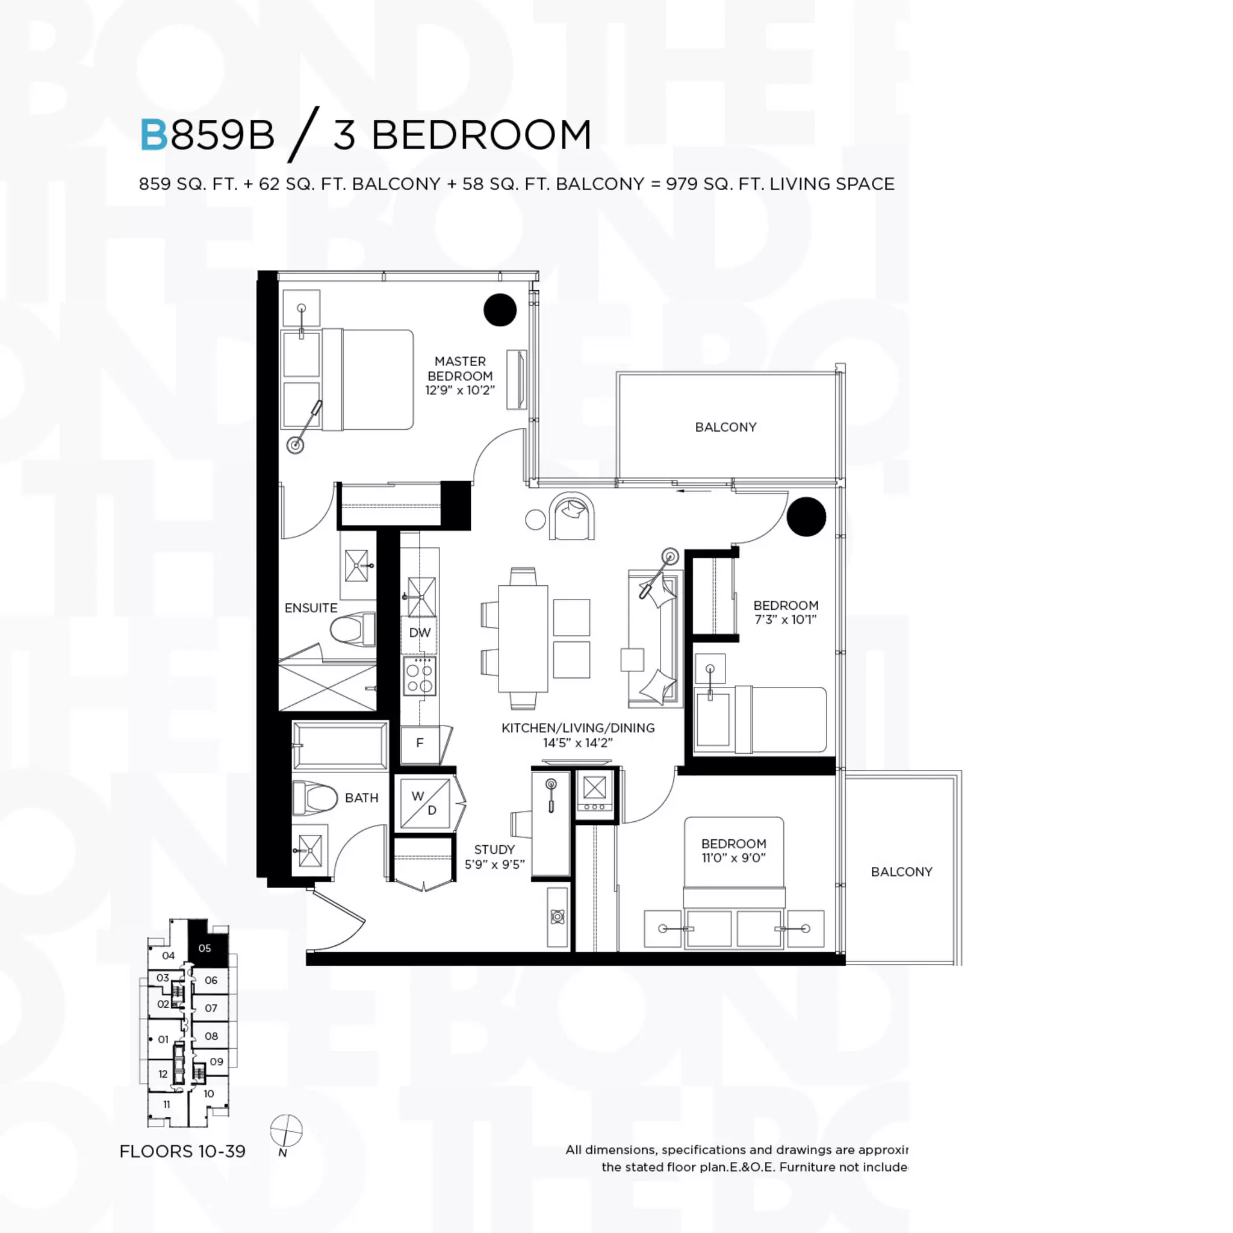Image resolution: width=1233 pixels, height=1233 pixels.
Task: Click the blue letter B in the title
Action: coord(154,135)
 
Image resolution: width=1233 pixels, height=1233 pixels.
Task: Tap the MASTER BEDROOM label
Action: coord(459,369)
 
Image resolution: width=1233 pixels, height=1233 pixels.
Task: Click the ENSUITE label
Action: coord(311,608)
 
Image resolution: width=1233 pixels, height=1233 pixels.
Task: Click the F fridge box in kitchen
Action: coord(420,743)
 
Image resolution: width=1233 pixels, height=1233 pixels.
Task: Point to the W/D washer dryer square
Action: coord(425,803)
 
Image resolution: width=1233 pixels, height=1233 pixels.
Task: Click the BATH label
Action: coord(361,798)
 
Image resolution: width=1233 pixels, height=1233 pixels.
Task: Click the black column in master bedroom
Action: coord(500,310)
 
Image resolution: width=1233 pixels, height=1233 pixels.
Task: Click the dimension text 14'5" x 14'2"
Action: coord(577,743)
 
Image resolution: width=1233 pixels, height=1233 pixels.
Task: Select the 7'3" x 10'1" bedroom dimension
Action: coord(785,620)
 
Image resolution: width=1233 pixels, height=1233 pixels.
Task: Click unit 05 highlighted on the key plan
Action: coord(206,948)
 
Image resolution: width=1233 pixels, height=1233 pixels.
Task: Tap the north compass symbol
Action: coord(285,1131)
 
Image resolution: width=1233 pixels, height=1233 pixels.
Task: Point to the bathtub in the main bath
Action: coord(340,745)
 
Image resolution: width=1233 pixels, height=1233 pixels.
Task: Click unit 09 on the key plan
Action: coord(216,1061)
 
